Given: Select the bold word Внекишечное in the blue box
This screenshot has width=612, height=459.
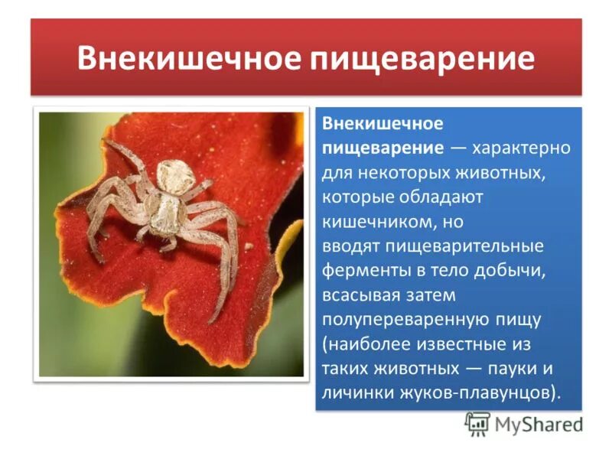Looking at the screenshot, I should [382, 124].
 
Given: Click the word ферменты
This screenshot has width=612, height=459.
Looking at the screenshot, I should [362, 272].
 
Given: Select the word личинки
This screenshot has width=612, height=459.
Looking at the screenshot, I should [355, 394].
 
